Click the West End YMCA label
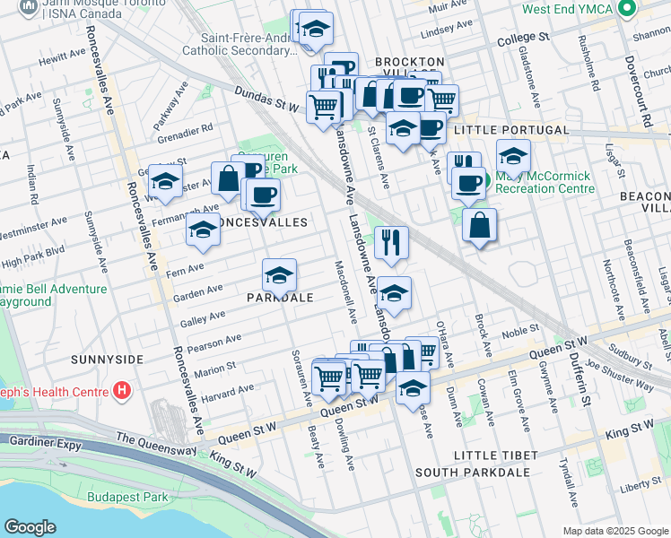pyautogui.click(x=567, y=10)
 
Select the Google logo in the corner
pyautogui.click(x=30, y=527)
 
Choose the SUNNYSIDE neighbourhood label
pyautogui.click(x=107, y=359)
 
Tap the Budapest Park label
pyautogui.click(x=127, y=497)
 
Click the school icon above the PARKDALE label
pyautogui.click(x=279, y=273)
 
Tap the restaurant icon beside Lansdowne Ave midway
pyautogui.click(x=391, y=242)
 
